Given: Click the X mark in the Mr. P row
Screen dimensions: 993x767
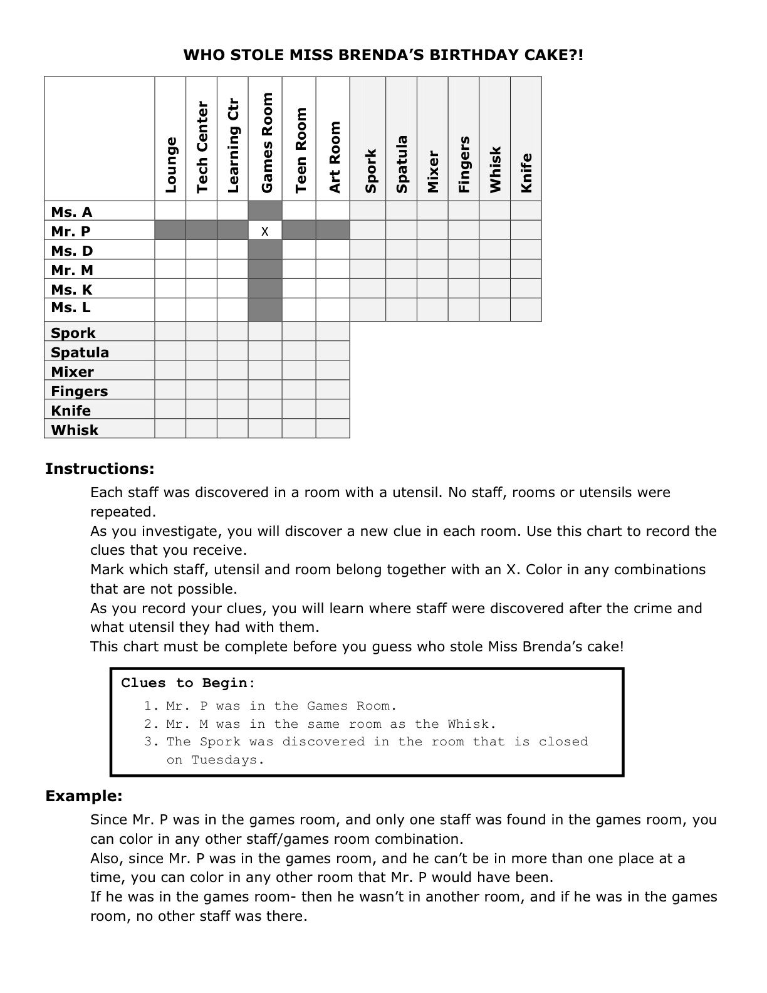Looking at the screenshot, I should pos(265,231).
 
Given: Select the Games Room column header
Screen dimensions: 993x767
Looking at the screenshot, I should pos(267,143).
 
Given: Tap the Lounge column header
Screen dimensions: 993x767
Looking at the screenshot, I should pos(171,164).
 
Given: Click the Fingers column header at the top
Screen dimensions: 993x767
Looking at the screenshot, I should pos(464,164).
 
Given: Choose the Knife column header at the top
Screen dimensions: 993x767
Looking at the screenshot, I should pos(526,173).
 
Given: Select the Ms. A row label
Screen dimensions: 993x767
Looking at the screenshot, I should pos(71,212).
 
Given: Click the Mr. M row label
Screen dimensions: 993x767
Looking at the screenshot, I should pos(72,270).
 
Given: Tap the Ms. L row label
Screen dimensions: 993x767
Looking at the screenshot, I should pos(71,308).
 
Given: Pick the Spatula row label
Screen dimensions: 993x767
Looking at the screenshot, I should pos(80,352).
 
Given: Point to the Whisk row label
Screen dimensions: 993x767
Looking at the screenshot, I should pos(75,430).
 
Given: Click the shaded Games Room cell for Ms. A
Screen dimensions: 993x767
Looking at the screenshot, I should pos(265,211).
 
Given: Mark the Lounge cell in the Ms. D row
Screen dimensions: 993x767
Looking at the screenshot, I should pos(170,251).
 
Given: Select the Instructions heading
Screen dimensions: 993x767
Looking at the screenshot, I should pos(100,469).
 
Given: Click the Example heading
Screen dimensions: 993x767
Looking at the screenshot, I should pos(84,796).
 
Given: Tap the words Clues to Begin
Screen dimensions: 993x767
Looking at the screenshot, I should pos(188,683).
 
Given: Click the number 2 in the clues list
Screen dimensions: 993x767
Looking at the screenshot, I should pos(148,724).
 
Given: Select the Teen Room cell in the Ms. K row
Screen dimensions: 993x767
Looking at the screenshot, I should pos(299,289).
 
